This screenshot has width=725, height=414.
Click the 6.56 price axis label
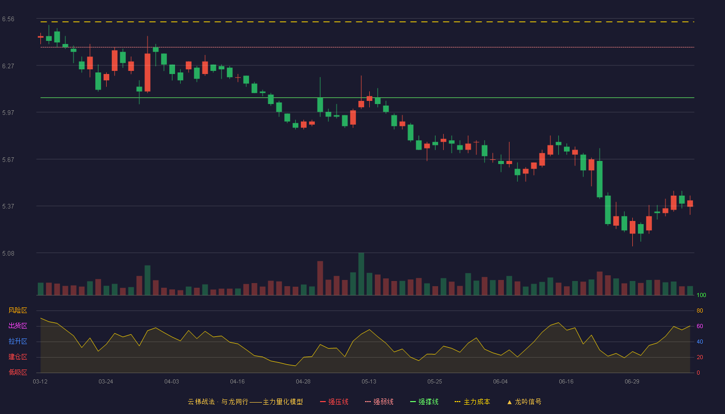click(x=8, y=19)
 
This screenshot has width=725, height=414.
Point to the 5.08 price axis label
click(x=8, y=253)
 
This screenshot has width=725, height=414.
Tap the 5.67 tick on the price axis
click(x=8, y=159)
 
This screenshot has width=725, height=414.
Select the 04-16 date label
click(x=237, y=382)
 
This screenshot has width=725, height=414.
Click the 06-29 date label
click(x=632, y=382)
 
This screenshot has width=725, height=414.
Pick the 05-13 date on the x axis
click(x=369, y=382)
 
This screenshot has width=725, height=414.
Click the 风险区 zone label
click(x=18, y=310)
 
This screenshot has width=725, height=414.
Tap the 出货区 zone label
click(x=18, y=326)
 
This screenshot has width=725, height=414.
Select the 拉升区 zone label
click(x=18, y=341)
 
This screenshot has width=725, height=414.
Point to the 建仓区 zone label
click(x=18, y=357)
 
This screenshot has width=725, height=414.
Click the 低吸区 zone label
click(x=18, y=372)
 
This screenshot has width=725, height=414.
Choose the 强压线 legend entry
click(x=334, y=402)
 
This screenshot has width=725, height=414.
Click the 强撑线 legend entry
click(x=424, y=402)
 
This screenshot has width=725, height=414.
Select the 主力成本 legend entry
click(x=472, y=402)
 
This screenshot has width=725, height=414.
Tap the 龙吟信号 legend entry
click(x=524, y=402)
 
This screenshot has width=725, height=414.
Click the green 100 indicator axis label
click(x=701, y=295)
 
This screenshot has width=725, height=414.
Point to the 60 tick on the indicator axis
click(x=700, y=326)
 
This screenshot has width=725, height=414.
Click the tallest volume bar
click(x=361, y=274)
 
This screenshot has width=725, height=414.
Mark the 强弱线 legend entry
click(x=379, y=402)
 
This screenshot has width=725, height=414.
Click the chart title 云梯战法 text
click(x=201, y=402)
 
